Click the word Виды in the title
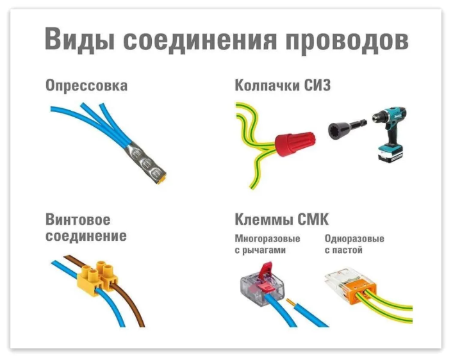point(80,38)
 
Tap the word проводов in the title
point(347,40)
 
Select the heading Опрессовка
point(86,86)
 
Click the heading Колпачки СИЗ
point(283,85)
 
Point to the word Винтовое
point(78,219)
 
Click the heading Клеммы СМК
point(282,219)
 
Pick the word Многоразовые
point(268,239)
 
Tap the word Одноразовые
point(354,239)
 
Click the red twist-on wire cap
point(295,143)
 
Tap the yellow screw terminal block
point(97,278)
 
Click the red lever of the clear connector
point(267,277)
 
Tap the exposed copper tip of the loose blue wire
point(291,303)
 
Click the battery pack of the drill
point(390,154)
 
